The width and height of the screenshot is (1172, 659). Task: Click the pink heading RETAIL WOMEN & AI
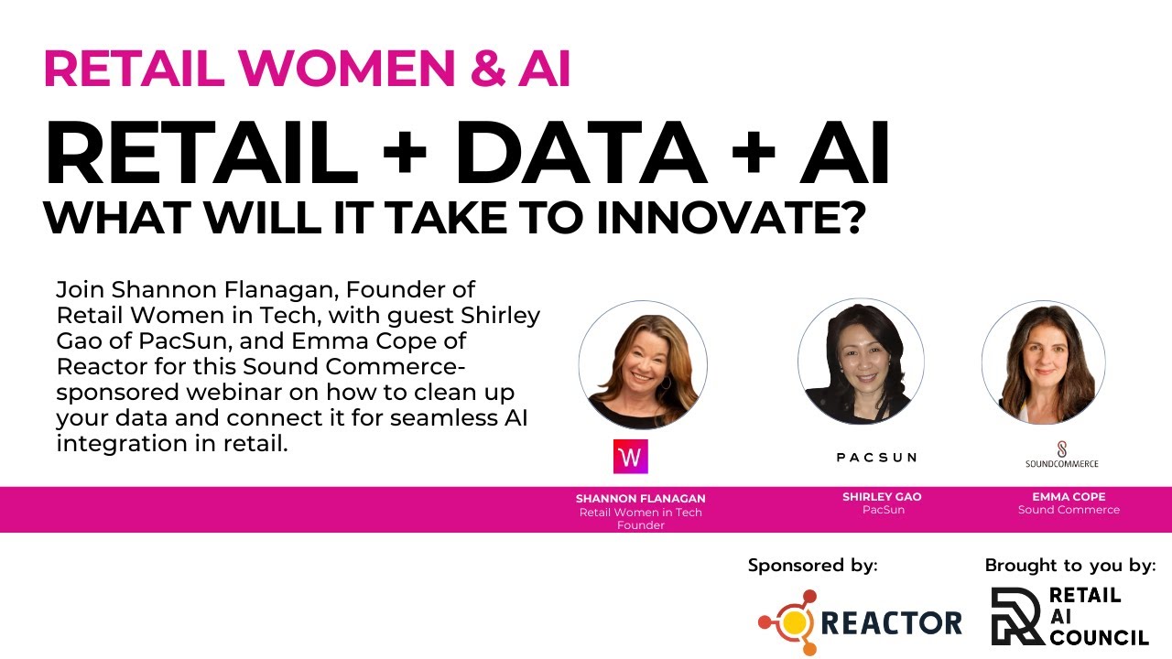coord(307,69)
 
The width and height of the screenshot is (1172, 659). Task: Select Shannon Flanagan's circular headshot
coord(643,364)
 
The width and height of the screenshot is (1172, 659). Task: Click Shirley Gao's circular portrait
coord(860,361)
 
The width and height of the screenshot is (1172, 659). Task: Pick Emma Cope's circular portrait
coord(1043,362)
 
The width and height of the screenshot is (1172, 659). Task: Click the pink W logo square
coord(630,457)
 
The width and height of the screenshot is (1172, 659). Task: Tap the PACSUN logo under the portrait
coord(876,457)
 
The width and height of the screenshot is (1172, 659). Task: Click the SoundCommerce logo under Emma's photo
coord(1061,455)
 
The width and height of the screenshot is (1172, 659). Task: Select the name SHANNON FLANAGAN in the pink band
coord(641,499)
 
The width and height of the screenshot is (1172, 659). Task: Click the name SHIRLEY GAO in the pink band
coord(882,497)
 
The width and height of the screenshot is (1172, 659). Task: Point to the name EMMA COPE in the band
coord(1069,497)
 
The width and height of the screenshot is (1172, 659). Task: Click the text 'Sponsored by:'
coord(812,566)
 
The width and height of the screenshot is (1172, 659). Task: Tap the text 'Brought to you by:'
coord(1069,566)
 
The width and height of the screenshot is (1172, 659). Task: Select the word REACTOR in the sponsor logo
coord(891,623)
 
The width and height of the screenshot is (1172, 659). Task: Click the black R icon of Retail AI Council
coord(1016,616)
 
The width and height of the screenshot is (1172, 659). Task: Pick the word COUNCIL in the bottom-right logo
coord(1099,636)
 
